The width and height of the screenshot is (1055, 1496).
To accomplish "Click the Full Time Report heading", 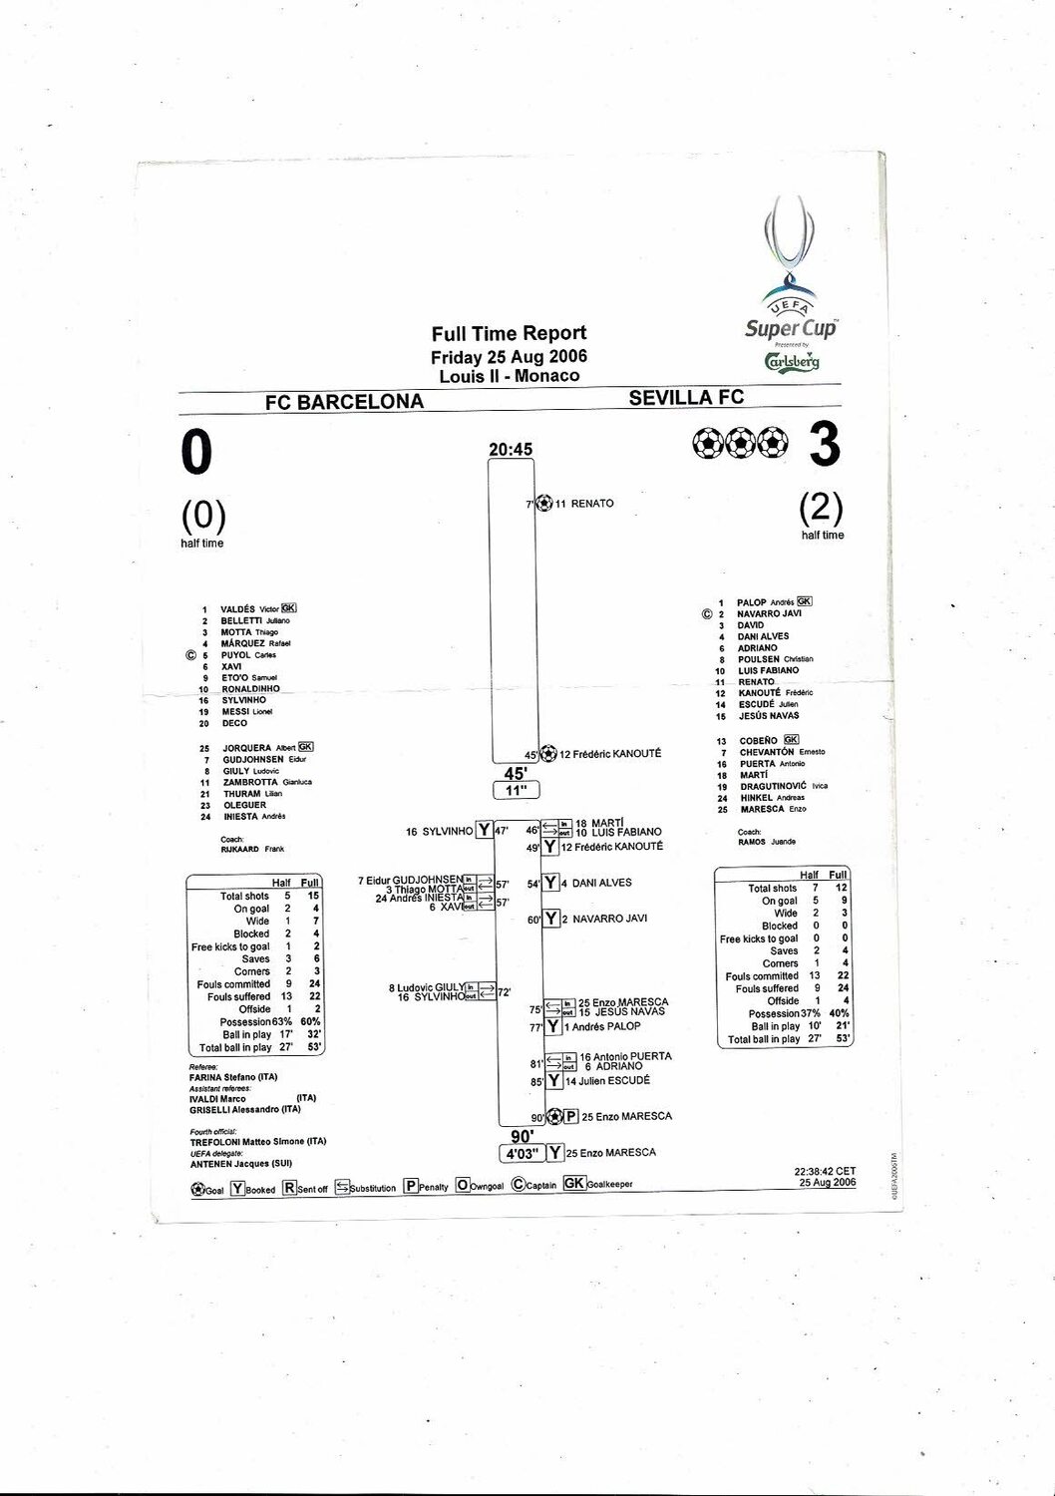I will pos(509,333).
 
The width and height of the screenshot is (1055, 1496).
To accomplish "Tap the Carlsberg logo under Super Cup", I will pos(792,361).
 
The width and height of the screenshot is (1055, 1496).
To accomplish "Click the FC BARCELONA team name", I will pos(344,401).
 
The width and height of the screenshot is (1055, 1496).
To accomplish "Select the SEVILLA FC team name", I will pos(686,398).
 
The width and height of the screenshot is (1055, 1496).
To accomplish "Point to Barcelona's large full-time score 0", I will pos(197,454).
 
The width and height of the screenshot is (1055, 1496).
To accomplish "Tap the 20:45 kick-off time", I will pos(511,450).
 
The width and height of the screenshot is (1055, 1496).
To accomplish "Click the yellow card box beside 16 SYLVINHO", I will pos(484,830).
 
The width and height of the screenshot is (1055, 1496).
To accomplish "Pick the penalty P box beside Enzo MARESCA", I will pos(571,1116).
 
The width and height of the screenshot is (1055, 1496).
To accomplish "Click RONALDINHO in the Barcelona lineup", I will pos(251,689).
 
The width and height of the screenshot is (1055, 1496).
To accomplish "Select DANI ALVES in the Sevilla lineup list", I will pos(763,636).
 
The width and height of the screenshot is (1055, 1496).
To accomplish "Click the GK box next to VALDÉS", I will pos(289,608).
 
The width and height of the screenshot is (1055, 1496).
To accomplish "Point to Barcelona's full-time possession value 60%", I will pos(310,1022).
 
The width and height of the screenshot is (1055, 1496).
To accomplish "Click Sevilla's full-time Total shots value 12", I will pos(841,888).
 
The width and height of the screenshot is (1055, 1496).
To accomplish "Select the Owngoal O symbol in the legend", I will pos(463,1186).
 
